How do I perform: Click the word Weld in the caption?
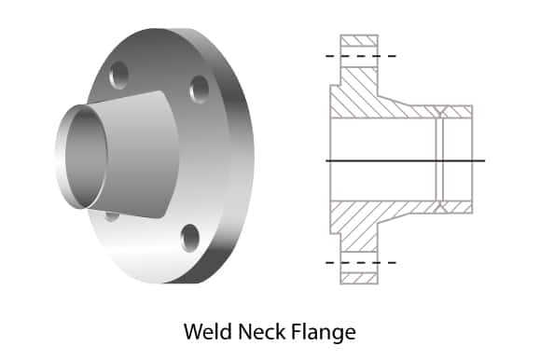pyautogui.click(x=208, y=331)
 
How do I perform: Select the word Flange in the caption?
pyautogui.click(x=324, y=333)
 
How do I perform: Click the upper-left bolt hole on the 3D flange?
pyautogui.click(x=118, y=76)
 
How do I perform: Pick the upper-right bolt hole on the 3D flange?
pyautogui.click(x=199, y=90)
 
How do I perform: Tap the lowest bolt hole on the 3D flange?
pyautogui.click(x=190, y=238)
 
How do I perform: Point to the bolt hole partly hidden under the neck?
pyautogui.click(x=112, y=216)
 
